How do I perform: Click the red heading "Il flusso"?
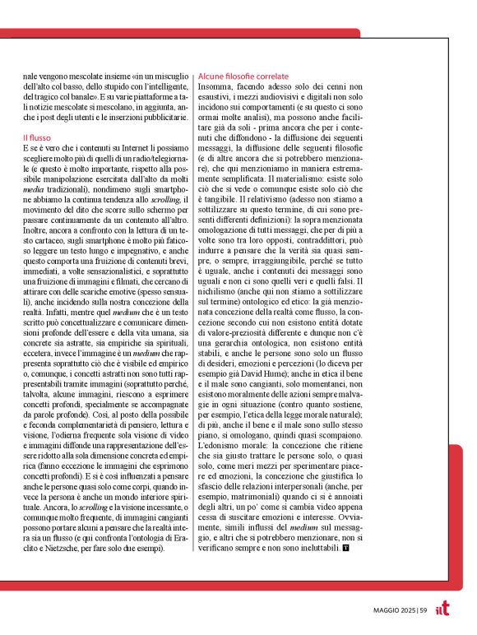pos(37,137)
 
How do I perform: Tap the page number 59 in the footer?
pos(424,610)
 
